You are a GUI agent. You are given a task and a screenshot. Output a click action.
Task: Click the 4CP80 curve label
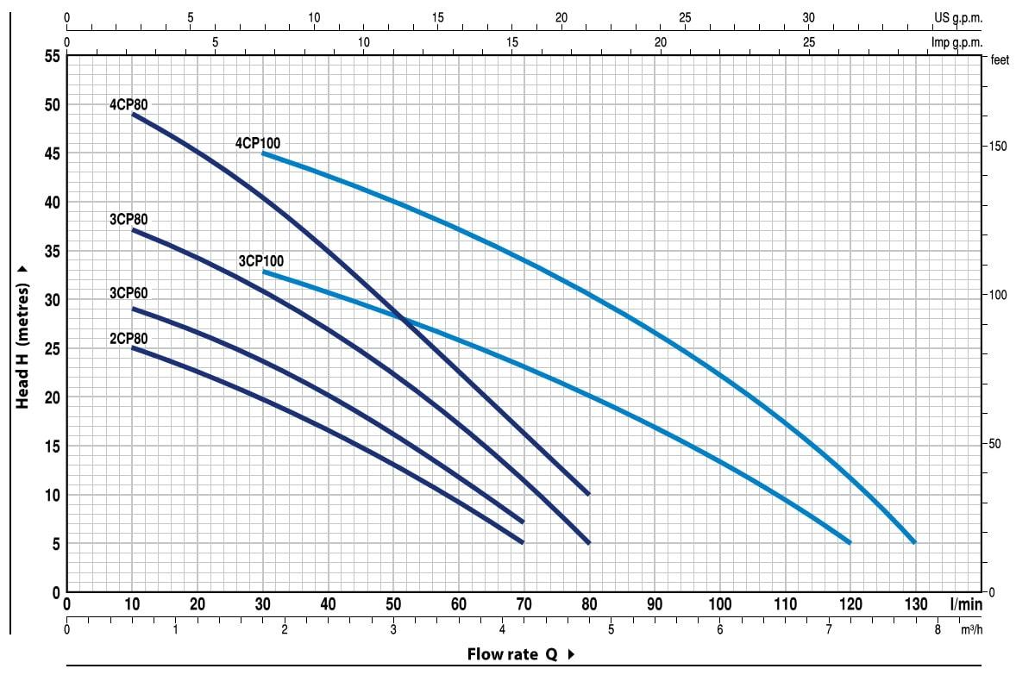click(129, 104)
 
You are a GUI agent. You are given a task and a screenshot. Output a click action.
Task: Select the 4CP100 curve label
click(258, 143)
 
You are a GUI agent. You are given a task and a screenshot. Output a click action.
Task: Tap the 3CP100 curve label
click(260, 261)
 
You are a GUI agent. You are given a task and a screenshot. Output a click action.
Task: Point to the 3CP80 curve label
click(129, 220)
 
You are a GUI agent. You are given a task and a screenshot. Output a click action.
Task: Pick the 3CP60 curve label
click(129, 294)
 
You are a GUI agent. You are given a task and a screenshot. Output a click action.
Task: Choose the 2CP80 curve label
click(129, 338)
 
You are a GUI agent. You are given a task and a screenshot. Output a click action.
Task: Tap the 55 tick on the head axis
click(52, 56)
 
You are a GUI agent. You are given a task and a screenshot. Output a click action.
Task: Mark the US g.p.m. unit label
click(957, 17)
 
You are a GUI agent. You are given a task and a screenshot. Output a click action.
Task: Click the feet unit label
click(1000, 59)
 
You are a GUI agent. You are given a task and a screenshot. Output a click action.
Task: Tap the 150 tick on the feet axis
click(997, 146)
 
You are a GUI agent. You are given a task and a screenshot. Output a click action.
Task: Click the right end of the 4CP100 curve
click(914, 542)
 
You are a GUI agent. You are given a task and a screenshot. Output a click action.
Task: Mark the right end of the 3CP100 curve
click(850, 542)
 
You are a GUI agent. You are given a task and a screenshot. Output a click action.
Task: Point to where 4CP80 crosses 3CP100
click(403, 318)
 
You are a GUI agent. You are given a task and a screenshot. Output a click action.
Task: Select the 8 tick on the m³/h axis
click(938, 629)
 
